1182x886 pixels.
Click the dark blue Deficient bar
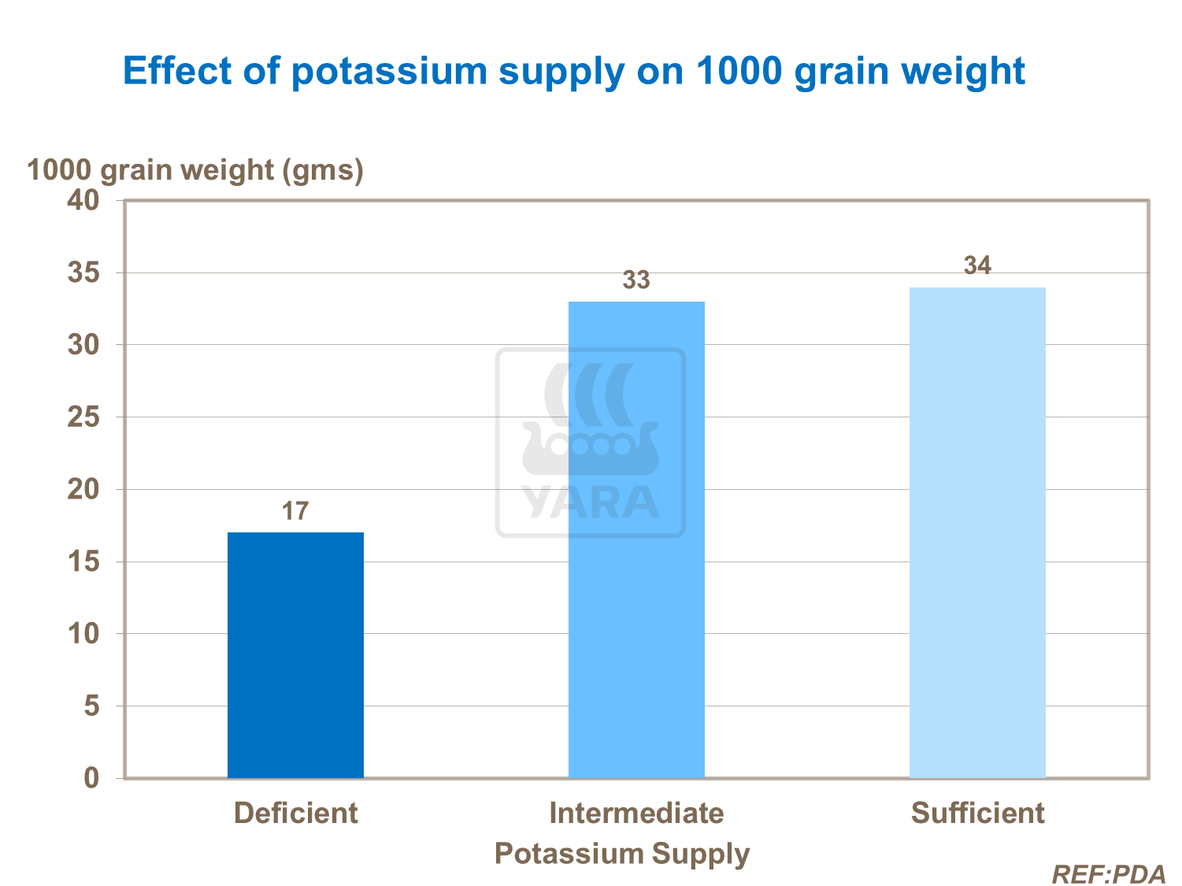[295, 655]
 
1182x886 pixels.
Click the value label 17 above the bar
[295, 511]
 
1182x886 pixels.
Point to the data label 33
[636, 280]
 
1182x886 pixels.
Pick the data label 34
[977, 266]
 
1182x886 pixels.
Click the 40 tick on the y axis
[83, 200]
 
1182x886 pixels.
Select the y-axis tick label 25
[83, 417]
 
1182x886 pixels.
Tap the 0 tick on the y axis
[92, 778]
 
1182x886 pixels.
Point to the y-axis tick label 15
[83, 562]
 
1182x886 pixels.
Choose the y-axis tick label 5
[92, 706]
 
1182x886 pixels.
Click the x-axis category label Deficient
[295, 813]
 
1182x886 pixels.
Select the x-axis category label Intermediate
[636, 813]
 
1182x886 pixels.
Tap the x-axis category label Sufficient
[977, 813]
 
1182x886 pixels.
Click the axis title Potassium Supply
[622, 854]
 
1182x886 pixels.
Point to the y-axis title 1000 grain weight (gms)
[195, 169]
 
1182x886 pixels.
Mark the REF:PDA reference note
[1108, 874]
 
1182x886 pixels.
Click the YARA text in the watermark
[591, 502]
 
